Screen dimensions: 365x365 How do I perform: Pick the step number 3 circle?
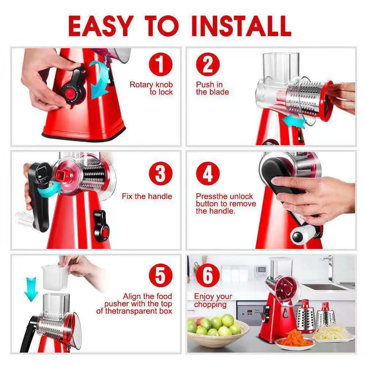160,174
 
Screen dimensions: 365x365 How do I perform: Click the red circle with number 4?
207,174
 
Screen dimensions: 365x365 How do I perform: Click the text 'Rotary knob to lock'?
151,88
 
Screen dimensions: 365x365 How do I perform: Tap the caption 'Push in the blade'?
212,88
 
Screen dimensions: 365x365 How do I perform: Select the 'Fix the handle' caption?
147,196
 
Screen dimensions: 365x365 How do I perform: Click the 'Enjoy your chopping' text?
213,300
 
